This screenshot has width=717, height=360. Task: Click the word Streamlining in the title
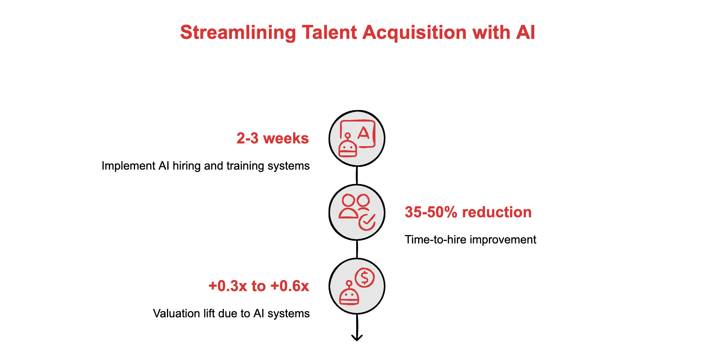pyautogui.click(x=238, y=33)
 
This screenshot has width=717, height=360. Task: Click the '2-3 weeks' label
pyautogui.click(x=272, y=138)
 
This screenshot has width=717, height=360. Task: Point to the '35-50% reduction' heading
pyautogui.click(x=468, y=212)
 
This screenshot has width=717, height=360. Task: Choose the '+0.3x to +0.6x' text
pyautogui.click(x=258, y=286)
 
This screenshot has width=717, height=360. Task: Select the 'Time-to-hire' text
pyautogui.click(x=435, y=240)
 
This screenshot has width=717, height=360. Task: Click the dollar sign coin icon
pyautogui.click(x=365, y=277)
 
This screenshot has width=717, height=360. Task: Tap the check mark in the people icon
pyautogui.click(x=367, y=222)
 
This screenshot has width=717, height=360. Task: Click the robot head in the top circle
pyautogui.click(x=348, y=147)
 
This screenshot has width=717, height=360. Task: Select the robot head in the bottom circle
pyautogui.click(x=349, y=295)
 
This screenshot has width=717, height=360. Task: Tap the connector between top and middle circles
pyautogui.click(x=357, y=175)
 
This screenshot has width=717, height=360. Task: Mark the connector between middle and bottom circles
pyautogui.click(x=357, y=249)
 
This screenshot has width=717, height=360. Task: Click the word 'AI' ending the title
pyautogui.click(x=525, y=33)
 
